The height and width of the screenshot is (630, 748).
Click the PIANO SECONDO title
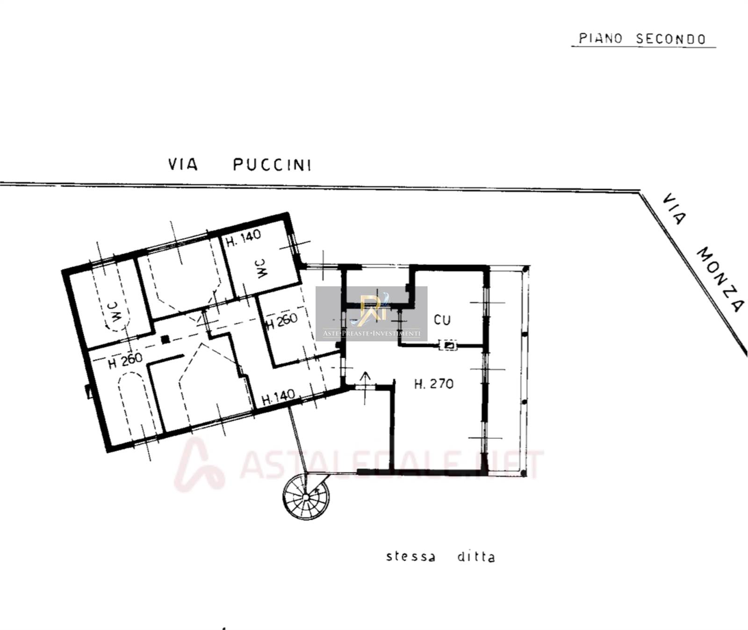tap(642, 38)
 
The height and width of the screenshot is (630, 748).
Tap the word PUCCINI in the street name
tap(272, 165)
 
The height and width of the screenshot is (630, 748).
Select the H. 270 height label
tap(434, 384)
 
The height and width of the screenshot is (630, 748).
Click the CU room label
tap(442, 320)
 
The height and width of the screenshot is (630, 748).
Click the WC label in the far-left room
tap(114, 312)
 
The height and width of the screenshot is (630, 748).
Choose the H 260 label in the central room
tap(281, 321)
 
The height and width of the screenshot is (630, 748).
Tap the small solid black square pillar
tap(165, 340)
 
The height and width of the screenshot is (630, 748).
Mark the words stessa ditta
tap(440, 557)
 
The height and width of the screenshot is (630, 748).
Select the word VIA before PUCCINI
tap(183, 165)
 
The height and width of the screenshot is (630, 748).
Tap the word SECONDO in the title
tap(671, 39)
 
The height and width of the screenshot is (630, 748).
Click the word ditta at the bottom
tap(475, 557)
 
